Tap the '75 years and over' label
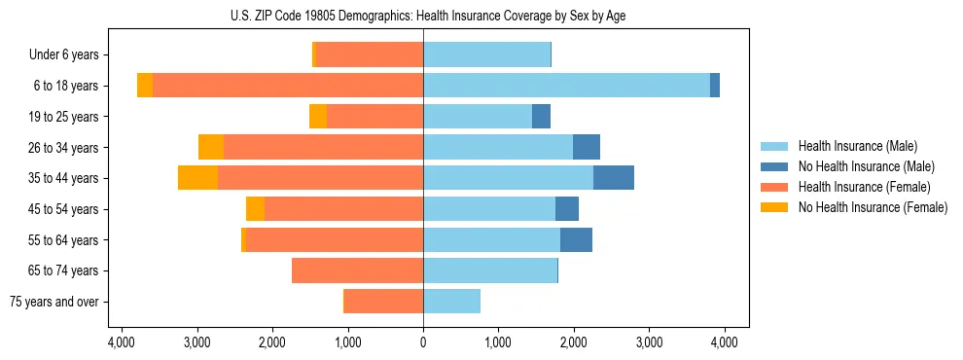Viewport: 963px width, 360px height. pos(54,302)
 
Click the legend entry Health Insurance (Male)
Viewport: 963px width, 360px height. pos(857,146)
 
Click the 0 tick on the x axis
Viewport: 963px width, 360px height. pos(423,342)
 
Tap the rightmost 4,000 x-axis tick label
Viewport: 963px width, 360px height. pos(724,342)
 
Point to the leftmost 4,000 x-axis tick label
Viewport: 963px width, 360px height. pos(122,342)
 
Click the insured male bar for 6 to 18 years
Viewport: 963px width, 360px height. pos(566,86)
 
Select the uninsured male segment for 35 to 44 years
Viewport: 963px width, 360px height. pos(614,178)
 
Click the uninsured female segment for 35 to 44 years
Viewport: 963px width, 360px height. pos(197,178)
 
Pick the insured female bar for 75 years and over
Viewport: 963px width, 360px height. pos(383,302)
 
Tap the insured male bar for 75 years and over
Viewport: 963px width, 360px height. pos(451,302)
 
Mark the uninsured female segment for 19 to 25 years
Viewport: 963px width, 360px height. pos(318,117)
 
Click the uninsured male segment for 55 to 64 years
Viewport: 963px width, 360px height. pos(576,239)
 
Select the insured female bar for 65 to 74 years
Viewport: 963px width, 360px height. pos(357,270)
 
